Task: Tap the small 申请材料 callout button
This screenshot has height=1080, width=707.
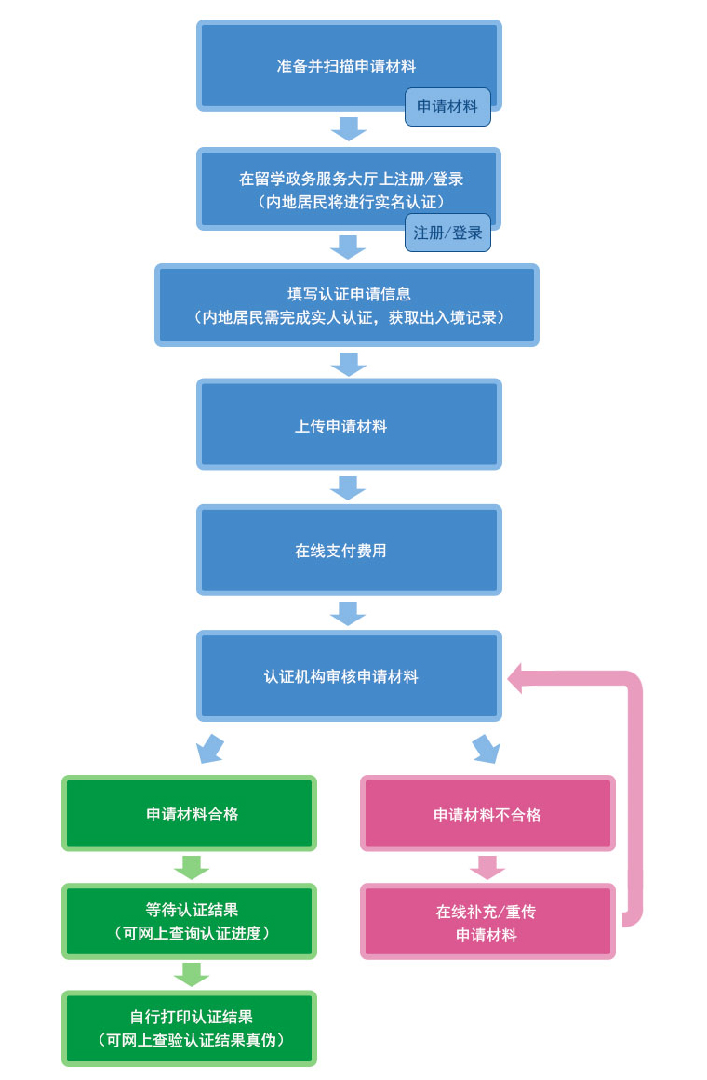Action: tap(447, 107)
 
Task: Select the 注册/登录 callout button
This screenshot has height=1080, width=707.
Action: tap(447, 233)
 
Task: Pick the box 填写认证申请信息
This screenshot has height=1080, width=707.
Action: tap(347, 305)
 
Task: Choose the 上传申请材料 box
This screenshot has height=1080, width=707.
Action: tap(349, 424)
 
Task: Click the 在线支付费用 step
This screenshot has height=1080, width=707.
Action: tap(349, 550)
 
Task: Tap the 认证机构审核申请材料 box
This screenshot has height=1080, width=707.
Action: tap(349, 675)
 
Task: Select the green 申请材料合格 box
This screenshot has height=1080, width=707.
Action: tap(190, 813)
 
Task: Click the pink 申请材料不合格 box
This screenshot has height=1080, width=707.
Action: tap(487, 813)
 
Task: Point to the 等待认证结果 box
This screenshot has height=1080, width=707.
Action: tap(190, 920)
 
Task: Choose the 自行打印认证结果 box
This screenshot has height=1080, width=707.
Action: tap(190, 1027)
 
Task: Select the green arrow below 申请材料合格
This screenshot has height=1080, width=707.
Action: tap(191, 867)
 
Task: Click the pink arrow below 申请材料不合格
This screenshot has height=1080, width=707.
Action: tap(487, 867)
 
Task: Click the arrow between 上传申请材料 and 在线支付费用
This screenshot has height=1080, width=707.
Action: tap(349, 487)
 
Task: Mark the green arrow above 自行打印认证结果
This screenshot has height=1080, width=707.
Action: tap(191, 974)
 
